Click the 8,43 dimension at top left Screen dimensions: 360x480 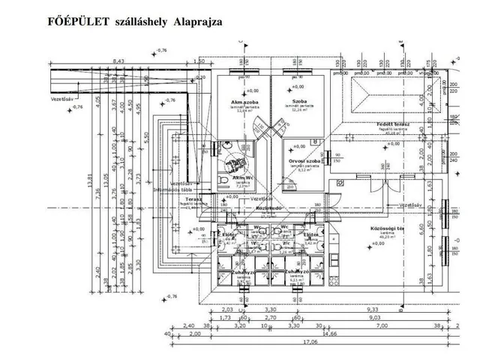pyautogui.click(x=118, y=61)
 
